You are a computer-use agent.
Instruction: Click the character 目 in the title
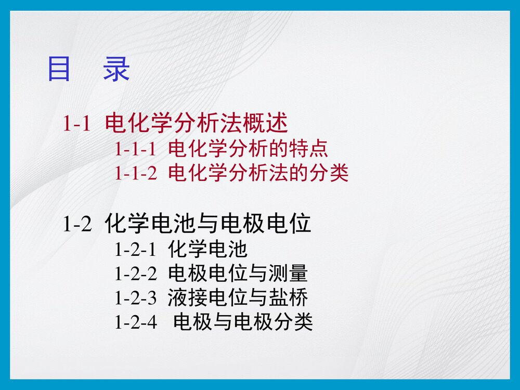pyautogui.click(x=59, y=69)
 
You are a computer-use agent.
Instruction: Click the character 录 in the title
pyautogui.click(x=116, y=69)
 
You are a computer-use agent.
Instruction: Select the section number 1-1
pyautogui.click(x=77, y=124)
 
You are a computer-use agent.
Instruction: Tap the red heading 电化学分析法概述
pyautogui.click(x=197, y=124)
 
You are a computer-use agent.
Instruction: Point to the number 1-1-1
pyautogui.click(x=135, y=149)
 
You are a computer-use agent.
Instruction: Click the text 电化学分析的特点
pyautogui.click(x=248, y=149)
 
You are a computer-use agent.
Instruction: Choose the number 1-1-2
pyautogui.click(x=135, y=173)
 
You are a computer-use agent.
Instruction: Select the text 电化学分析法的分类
pyautogui.click(x=258, y=173)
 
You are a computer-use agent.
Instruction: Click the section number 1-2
pyautogui.click(x=77, y=224)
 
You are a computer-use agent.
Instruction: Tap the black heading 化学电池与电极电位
pyautogui.click(x=208, y=224)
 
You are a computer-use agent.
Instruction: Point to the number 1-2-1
pyautogui.click(x=135, y=250)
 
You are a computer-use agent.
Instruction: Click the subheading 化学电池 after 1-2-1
pyautogui.click(x=207, y=250)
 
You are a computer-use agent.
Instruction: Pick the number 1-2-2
pyautogui.click(x=135, y=274)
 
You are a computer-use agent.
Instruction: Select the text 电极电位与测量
pyautogui.click(x=238, y=274)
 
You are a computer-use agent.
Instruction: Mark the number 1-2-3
pyautogui.click(x=135, y=298)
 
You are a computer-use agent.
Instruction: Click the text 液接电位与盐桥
pyautogui.click(x=238, y=298)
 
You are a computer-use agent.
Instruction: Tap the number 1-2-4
pyautogui.click(x=135, y=323)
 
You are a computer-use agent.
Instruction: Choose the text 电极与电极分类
pyautogui.click(x=243, y=323)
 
